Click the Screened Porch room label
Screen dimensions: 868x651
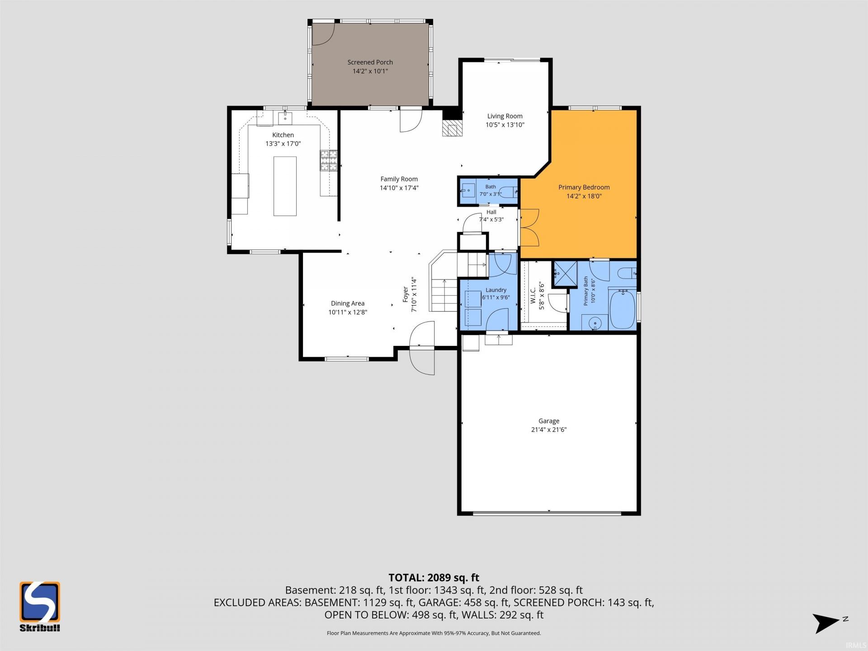click(x=370, y=62)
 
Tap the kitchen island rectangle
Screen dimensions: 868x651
click(x=285, y=186)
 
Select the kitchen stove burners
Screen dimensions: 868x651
click(x=329, y=160)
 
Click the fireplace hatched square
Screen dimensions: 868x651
click(x=453, y=128)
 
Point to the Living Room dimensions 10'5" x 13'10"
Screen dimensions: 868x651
click(x=505, y=125)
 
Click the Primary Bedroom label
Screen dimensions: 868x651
click(x=584, y=187)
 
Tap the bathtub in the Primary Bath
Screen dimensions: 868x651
click(x=623, y=309)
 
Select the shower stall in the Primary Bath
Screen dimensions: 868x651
click(x=566, y=274)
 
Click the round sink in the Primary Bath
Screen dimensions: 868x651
click(x=595, y=323)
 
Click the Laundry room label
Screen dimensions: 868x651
click(x=496, y=290)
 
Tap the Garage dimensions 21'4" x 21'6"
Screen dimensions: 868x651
click(x=549, y=429)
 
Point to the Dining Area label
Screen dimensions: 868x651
click(x=347, y=303)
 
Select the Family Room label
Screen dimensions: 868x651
click(x=399, y=179)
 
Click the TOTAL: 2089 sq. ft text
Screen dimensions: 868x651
click(x=434, y=577)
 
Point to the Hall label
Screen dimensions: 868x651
click(x=491, y=212)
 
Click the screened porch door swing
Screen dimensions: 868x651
click(x=323, y=34)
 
